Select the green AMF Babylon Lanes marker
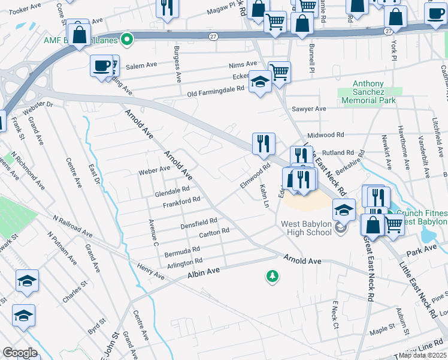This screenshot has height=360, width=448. point(126,40)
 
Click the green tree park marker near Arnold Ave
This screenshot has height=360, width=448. point(273,276)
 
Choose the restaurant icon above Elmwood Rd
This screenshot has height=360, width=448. point(264,144)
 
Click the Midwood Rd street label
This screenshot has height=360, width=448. point(325,136)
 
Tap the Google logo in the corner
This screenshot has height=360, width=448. point(20,352)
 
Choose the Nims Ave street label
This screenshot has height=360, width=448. point(243,65)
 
